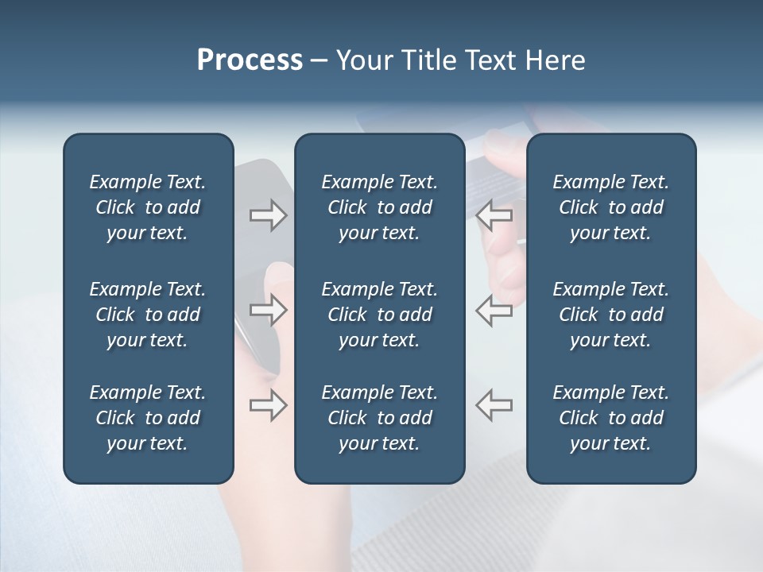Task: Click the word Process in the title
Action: [x=250, y=60]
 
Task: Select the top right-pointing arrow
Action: [x=269, y=215]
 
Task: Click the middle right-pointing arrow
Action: [x=269, y=310]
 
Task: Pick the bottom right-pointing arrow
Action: [x=269, y=405]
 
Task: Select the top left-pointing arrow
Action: [x=494, y=215]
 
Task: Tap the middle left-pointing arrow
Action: [x=494, y=310]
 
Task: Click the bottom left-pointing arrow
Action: [x=494, y=405]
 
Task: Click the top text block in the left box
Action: [x=148, y=207]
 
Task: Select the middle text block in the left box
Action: [x=148, y=315]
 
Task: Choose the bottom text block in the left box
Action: [x=148, y=418]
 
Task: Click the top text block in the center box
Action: [x=379, y=207]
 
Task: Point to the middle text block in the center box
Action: [x=379, y=315]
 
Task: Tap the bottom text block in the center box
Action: [x=379, y=418]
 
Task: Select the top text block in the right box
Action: [x=610, y=207]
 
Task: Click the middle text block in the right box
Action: [x=610, y=315]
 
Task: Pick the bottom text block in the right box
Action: [x=610, y=418]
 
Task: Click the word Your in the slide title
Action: [x=362, y=60]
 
